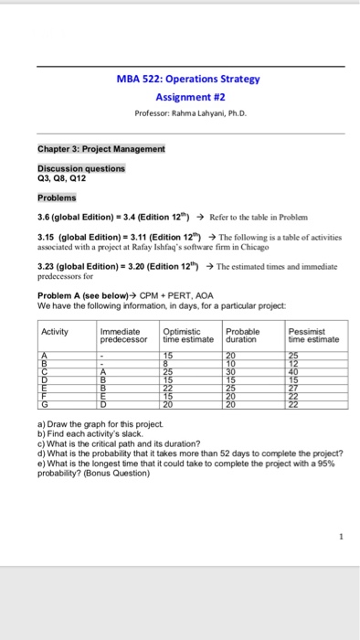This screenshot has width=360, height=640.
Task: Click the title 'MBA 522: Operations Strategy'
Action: (189, 79)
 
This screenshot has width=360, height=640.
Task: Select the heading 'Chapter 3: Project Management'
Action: (101, 148)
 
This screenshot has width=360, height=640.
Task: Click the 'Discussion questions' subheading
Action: (81, 168)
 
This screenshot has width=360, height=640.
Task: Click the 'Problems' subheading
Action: (58, 197)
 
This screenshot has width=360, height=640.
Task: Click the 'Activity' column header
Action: (57, 331)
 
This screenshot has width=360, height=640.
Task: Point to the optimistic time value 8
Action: (167, 361)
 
